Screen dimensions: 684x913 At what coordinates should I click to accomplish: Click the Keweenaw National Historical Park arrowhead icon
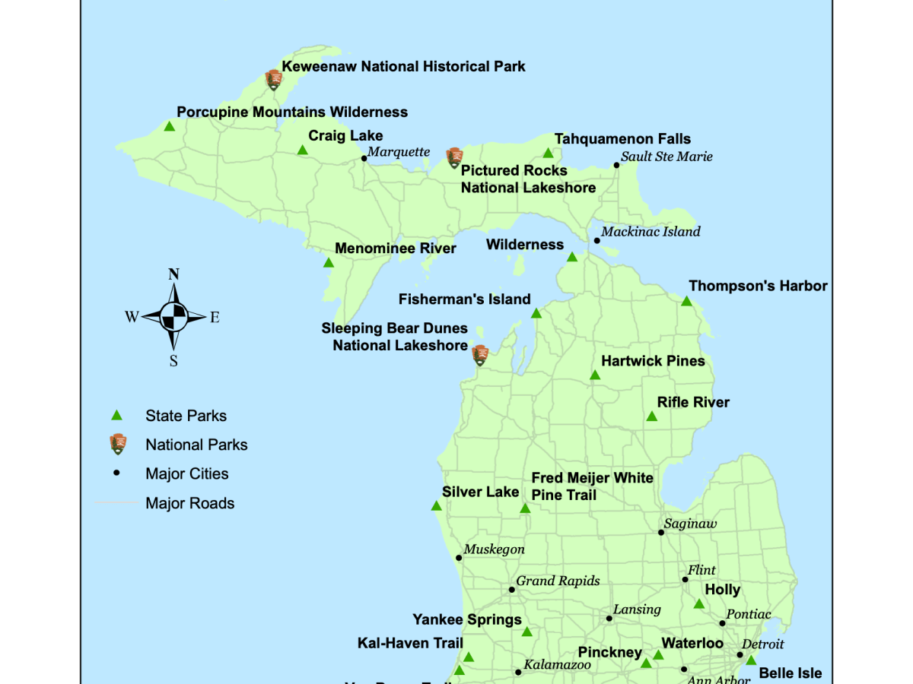click(x=274, y=79)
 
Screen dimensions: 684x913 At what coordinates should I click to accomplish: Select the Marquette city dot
click(x=364, y=159)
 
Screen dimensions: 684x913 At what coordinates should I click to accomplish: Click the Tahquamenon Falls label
click(x=622, y=139)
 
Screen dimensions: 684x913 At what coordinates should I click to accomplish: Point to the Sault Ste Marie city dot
click(x=617, y=165)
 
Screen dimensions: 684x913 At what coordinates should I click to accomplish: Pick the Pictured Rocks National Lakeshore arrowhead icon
click(x=454, y=158)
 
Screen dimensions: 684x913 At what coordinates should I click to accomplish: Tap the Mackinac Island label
click(x=651, y=232)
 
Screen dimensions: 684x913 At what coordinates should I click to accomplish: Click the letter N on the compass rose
click(x=173, y=274)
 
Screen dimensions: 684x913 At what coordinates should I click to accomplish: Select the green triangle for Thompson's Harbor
click(x=686, y=302)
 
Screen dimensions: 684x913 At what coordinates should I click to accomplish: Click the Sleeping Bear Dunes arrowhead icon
click(x=480, y=355)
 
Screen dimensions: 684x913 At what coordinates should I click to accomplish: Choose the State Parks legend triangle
click(x=116, y=416)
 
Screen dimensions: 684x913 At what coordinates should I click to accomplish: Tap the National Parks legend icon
click(x=117, y=445)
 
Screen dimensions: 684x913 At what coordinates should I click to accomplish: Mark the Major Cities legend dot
click(x=116, y=473)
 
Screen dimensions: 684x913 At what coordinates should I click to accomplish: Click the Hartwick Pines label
click(x=653, y=361)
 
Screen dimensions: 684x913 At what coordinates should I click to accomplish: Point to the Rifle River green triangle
click(x=651, y=416)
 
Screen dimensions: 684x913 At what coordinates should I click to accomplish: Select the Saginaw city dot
click(x=661, y=532)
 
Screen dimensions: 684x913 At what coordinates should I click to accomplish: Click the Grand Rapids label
click(x=558, y=581)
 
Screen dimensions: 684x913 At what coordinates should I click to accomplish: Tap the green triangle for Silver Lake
click(x=436, y=506)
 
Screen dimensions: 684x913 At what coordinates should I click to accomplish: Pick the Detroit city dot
click(x=740, y=654)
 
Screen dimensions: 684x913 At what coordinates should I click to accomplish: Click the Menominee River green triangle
click(x=328, y=263)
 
